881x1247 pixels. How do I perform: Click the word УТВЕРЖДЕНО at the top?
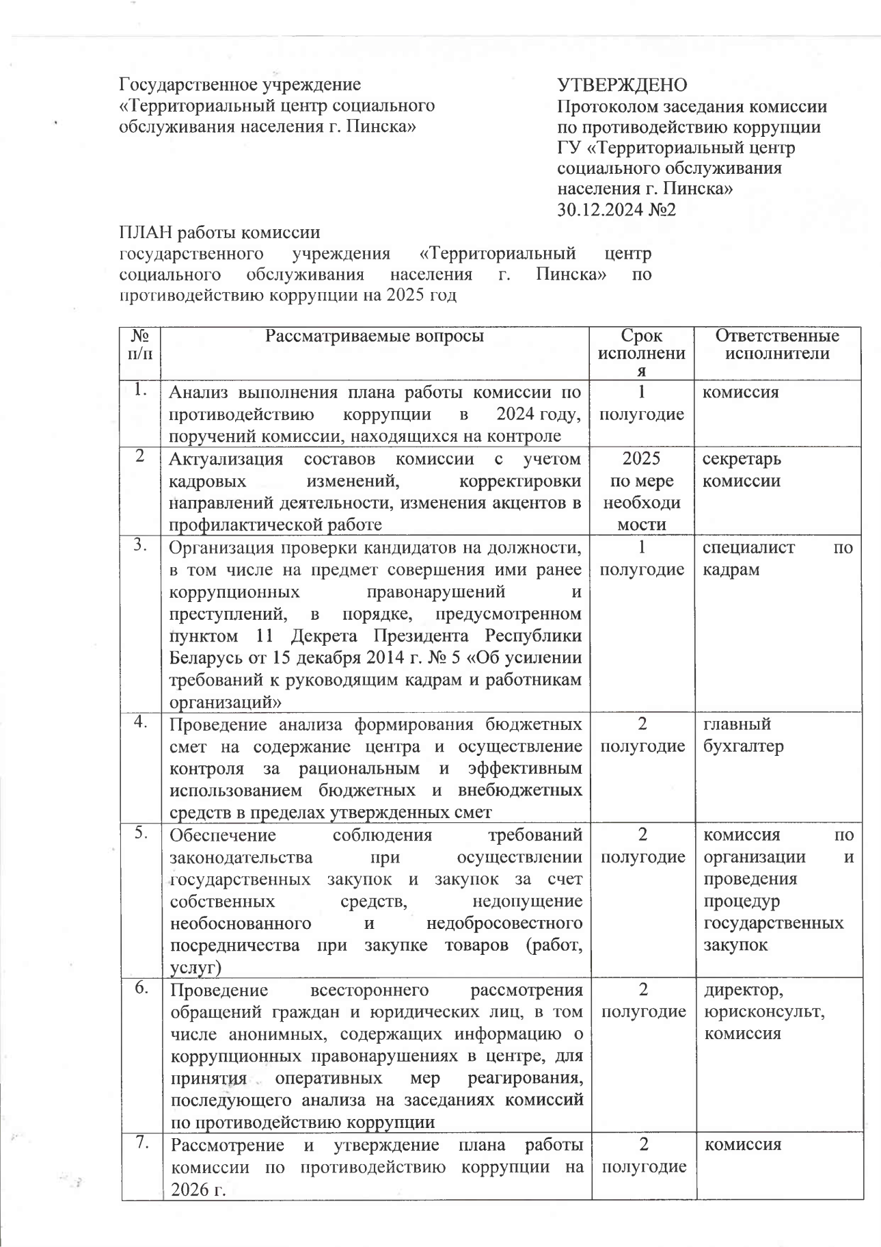coord(622,85)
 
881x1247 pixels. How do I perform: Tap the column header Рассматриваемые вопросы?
coord(374,336)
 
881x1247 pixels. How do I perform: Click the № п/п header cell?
coord(139,345)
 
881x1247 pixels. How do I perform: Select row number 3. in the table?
coord(140,545)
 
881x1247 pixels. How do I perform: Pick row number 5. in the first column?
coord(140,832)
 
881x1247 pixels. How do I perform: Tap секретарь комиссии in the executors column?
coord(742,469)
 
